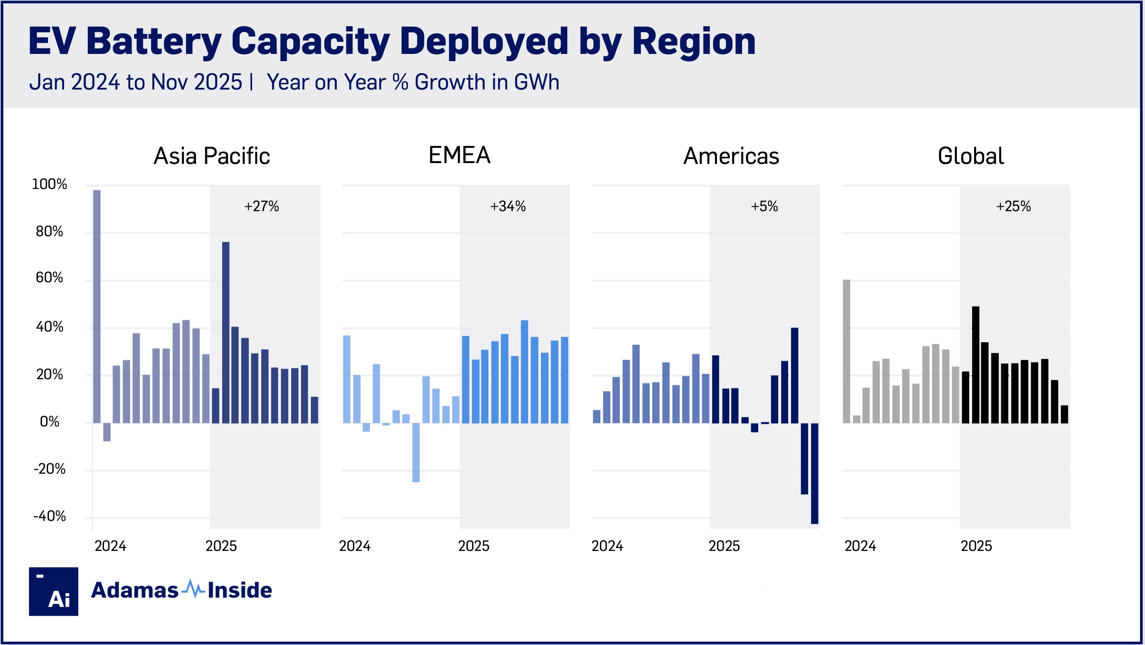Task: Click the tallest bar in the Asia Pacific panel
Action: tap(97, 306)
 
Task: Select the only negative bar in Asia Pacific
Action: tap(107, 432)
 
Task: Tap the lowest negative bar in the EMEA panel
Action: tap(416, 452)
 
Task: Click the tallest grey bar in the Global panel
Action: tap(846, 351)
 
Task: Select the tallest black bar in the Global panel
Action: tap(975, 364)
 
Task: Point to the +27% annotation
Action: tap(261, 206)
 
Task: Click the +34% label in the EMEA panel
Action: tap(508, 206)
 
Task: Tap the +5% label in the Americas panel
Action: tap(764, 206)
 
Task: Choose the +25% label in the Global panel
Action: tap(1013, 206)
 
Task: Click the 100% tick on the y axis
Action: tap(49, 184)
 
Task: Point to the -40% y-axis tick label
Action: tap(49, 516)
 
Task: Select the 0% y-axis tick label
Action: tap(49, 422)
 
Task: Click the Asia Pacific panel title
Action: tap(212, 156)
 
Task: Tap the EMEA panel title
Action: tap(459, 155)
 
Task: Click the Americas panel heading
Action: tap(731, 156)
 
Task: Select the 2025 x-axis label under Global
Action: tap(976, 546)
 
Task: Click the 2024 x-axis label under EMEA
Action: tap(355, 546)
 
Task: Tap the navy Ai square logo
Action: tap(53, 591)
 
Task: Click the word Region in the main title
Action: tap(693, 42)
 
